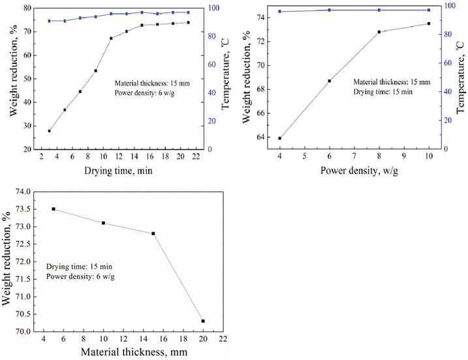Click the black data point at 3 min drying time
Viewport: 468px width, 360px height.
pos(49,131)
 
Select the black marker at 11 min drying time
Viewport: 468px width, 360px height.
pos(111,38)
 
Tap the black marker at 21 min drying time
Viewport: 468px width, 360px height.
pos(188,23)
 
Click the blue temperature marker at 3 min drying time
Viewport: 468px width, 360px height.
pos(49,21)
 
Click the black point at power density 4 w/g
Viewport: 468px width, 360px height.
pos(279,138)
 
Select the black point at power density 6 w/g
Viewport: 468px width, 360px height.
pos(329,81)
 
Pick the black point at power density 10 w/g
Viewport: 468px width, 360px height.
pos(428,23)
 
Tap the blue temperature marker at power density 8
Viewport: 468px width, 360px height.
pos(379,10)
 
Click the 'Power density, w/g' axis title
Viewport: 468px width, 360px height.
pos(354,172)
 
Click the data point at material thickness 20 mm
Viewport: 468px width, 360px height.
pos(203,321)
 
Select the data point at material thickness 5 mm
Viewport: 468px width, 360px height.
pos(54,209)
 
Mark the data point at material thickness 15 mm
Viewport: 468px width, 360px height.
pos(153,233)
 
